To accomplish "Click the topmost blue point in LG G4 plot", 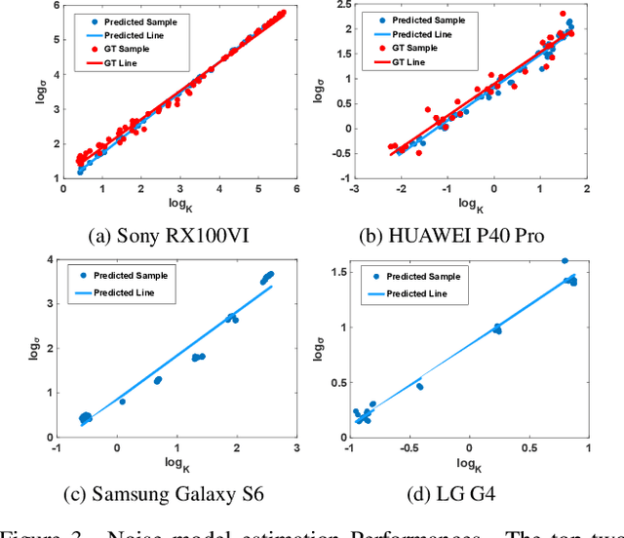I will pos(565,261).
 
